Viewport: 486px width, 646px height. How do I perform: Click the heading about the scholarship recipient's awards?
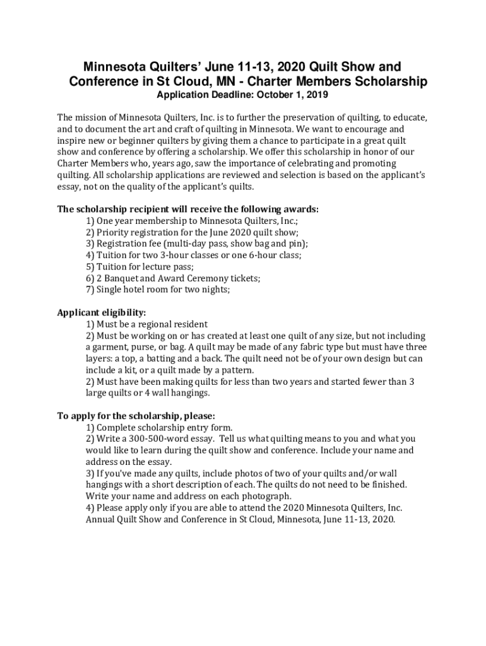tap(188, 209)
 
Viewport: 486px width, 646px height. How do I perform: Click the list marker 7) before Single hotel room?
tap(90, 289)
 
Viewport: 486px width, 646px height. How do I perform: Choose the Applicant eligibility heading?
tap(102, 312)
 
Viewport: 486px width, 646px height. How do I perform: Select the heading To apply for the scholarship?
tap(136, 416)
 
